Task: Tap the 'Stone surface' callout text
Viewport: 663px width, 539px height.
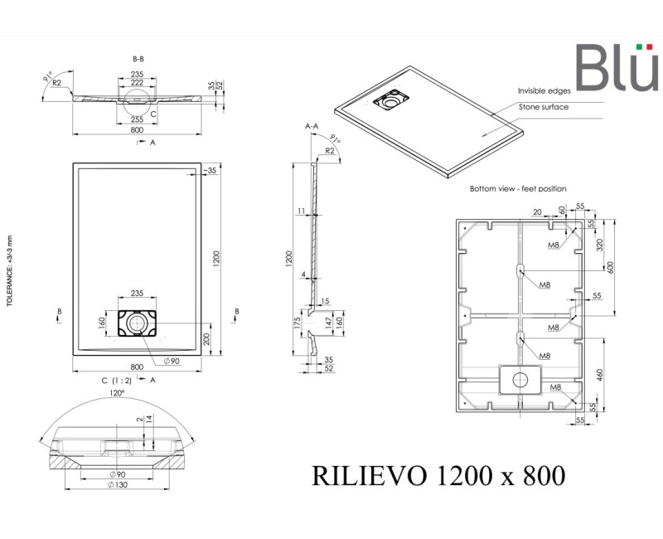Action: [x=544, y=107]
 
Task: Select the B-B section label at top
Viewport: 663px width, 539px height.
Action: [x=139, y=60]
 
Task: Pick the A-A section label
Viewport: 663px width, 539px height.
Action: [x=312, y=126]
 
